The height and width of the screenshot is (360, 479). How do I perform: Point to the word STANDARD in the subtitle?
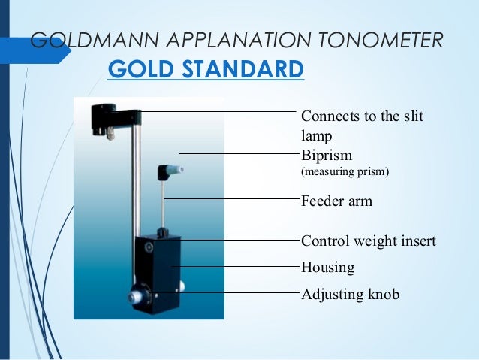pyautogui.click(x=243, y=70)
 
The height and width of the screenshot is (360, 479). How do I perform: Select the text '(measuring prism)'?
pyautogui.click(x=345, y=172)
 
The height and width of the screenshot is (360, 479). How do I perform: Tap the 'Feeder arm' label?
pyautogui.click(x=336, y=201)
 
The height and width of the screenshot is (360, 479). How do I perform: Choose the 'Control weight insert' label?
pyautogui.click(x=368, y=241)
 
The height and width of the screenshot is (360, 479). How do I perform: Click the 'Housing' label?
pyautogui.click(x=327, y=267)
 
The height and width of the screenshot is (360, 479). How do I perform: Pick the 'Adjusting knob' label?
pyautogui.click(x=350, y=294)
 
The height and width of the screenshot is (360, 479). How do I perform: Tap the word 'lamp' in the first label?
pyautogui.click(x=315, y=137)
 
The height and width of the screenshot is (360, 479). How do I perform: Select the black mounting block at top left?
pyautogui.click(x=103, y=116)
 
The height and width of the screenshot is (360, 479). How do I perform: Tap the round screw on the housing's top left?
pyautogui.click(x=149, y=247)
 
